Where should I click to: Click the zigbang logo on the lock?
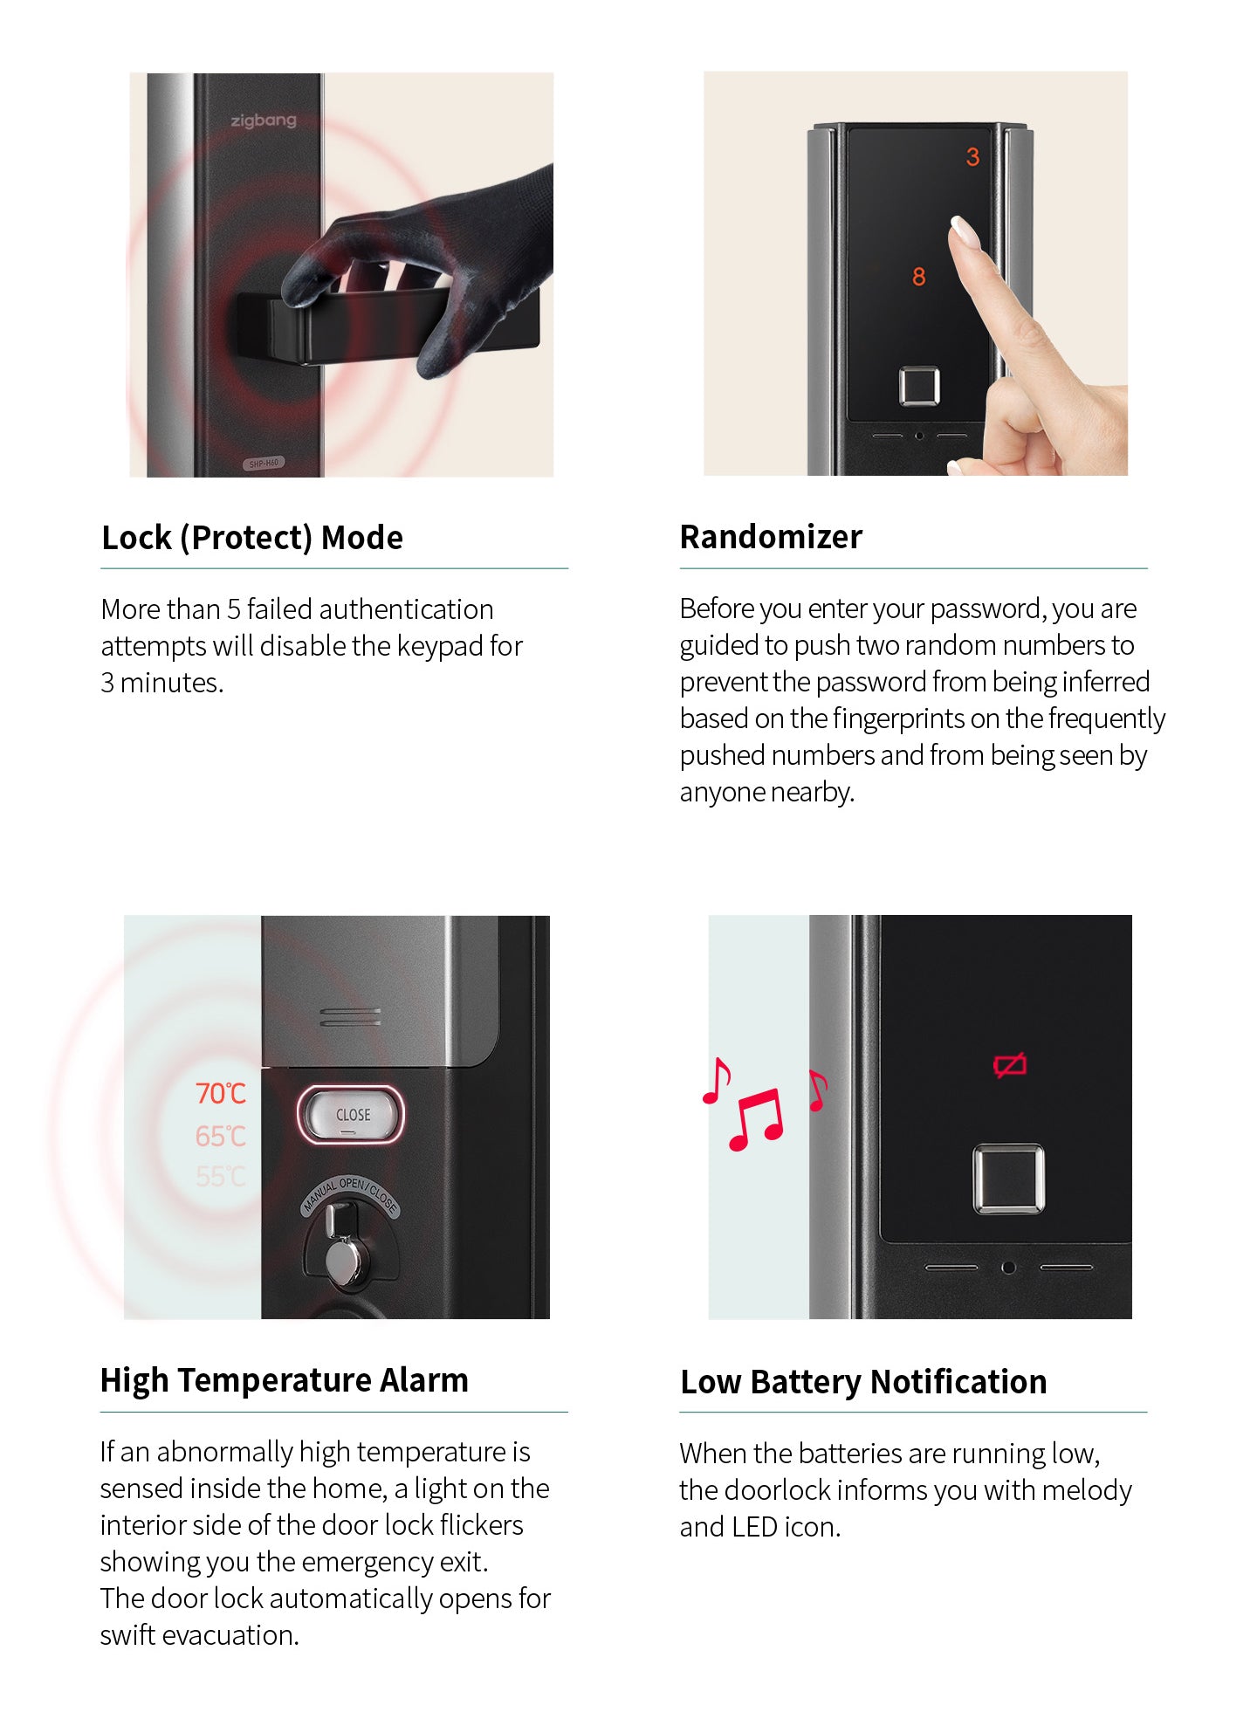(264, 120)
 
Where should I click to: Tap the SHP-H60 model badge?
(264, 463)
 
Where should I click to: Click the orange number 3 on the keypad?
(972, 157)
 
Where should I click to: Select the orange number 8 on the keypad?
(918, 277)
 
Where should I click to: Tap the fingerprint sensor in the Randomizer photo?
(919, 386)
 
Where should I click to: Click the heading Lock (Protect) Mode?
(252, 538)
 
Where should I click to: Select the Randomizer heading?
(771, 536)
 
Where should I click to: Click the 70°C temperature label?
(221, 1093)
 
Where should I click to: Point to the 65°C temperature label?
(221, 1136)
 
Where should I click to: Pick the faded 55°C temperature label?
(221, 1177)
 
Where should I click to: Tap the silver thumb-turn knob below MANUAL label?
(346, 1261)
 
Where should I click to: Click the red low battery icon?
(1010, 1065)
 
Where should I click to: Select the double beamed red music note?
(756, 1119)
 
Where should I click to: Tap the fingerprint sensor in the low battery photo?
(1008, 1179)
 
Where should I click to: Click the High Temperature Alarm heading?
(285, 1380)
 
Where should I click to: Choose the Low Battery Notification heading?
(863, 1382)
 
